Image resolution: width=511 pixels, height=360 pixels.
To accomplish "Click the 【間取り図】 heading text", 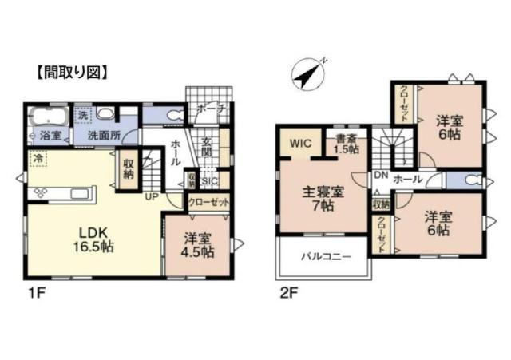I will pyautogui.click(x=72, y=70).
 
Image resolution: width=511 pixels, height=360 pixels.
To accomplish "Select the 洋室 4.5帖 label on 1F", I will pyautogui.click(x=196, y=244).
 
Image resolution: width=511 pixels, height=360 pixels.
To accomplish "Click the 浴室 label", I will pyautogui.click(x=50, y=136).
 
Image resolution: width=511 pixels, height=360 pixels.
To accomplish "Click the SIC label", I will pyautogui.click(x=208, y=180).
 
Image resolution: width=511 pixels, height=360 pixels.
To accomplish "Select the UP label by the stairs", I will pyautogui.click(x=149, y=196).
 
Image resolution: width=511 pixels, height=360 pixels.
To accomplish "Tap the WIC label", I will pyautogui.click(x=299, y=144).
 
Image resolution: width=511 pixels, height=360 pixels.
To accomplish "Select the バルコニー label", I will pyautogui.click(x=323, y=257).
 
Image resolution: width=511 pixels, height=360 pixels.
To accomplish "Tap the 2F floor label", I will pyautogui.click(x=287, y=293).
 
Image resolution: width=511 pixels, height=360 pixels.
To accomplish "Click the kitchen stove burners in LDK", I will pyautogui.click(x=40, y=193).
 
